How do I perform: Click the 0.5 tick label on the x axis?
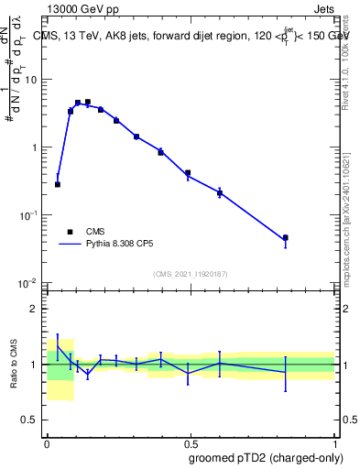[191, 442]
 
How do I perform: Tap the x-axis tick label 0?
[47, 442]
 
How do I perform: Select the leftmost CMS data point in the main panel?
[58, 184]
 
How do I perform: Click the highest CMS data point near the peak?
[87, 103]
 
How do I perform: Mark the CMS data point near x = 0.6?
[220, 192]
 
